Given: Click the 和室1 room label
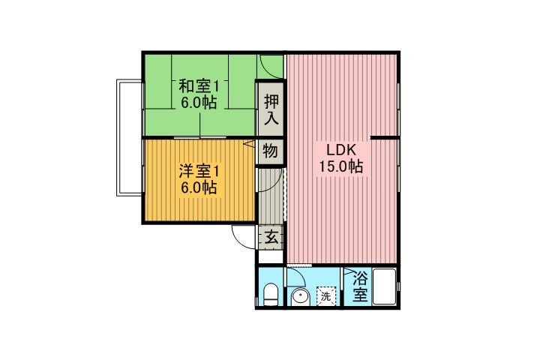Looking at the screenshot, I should pyautogui.click(x=198, y=85).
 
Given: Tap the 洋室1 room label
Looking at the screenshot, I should pyautogui.click(x=198, y=170).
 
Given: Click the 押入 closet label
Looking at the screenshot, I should pyautogui.click(x=271, y=108).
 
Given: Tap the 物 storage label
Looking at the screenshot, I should pyautogui.click(x=271, y=151).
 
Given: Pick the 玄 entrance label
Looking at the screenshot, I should pyautogui.click(x=271, y=238).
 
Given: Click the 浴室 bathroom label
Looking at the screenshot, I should pyautogui.click(x=359, y=286).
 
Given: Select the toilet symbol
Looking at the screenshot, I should pyautogui.click(x=271, y=293).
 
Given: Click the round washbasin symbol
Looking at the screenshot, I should pyautogui.click(x=299, y=296).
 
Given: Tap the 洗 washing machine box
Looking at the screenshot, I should pyautogui.click(x=326, y=295).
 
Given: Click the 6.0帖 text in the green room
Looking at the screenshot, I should pyautogui.click(x=198, y=103).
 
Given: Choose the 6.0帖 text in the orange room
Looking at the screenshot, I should pyautogui.click(x=198, y=188).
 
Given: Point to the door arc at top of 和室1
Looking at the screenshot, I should pyautogui.click(x=270, y=64).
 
